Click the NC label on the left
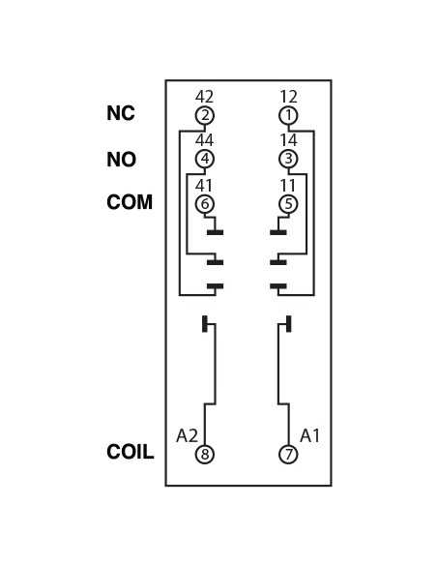tap(121, 113)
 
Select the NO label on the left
tap(121, 160)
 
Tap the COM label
tap(130, 202)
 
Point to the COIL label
tap(131, 452)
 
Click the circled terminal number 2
tap(205, 116)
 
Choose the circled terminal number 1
tap(288, 116)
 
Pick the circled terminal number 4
tap(205, 159)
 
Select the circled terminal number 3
tap(288, 159)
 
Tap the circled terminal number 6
tap(205, 204)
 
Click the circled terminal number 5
tap(288, 204)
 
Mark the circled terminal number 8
tap(205, 454)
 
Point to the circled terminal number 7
tap(288, 454)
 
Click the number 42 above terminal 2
tap(204, 97)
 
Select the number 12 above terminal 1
tap(289, 97)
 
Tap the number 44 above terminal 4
tap(204, 140)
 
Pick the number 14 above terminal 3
tap(289, 140)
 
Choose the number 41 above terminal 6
tap(204, 186)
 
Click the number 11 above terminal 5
tap(287, 186)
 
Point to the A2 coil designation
tap(188, 435)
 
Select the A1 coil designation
tap(309, 435)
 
